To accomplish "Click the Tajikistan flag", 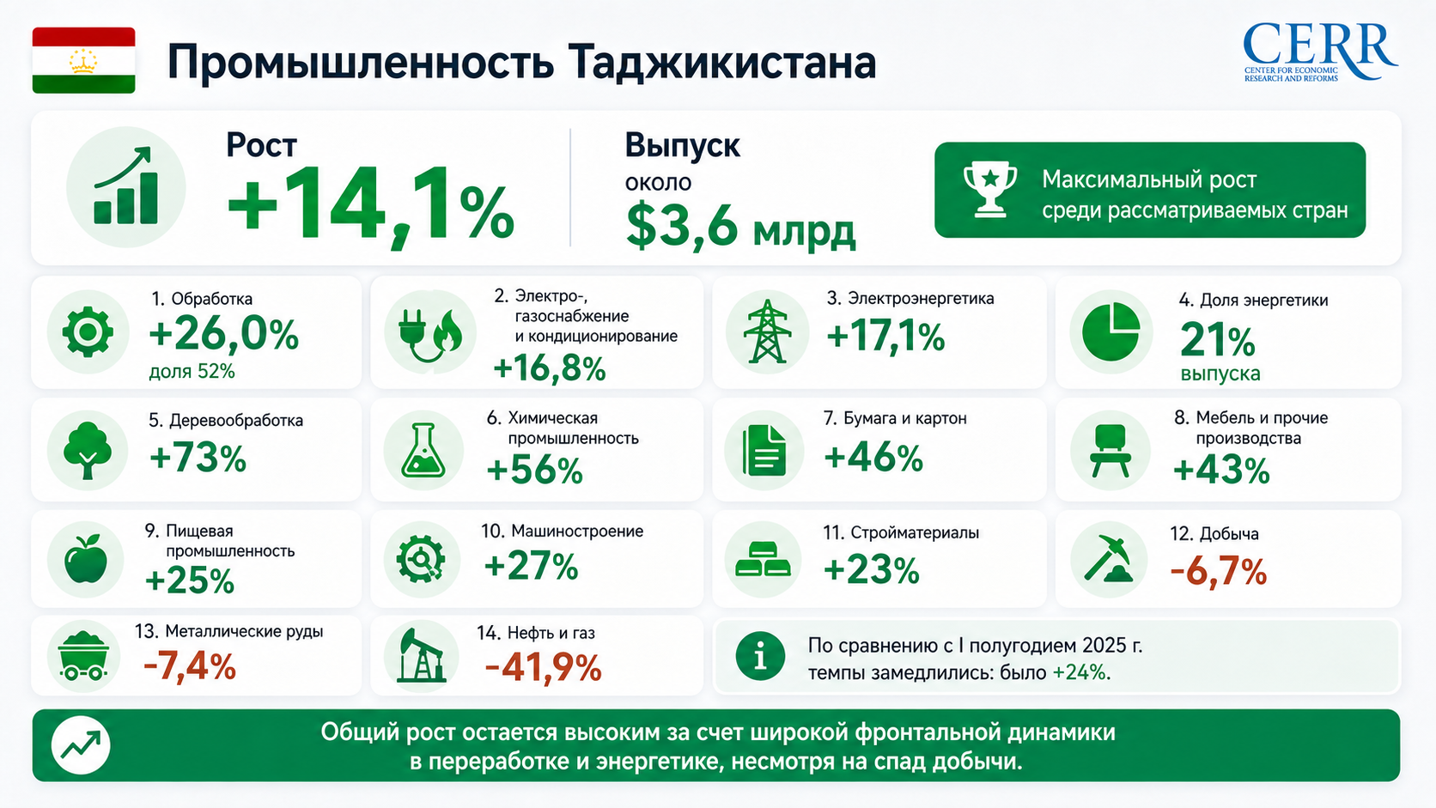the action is tap(83, 60).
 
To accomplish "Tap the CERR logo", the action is tap(1319, 52).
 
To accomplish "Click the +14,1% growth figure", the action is tap(370, 205).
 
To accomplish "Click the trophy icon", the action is tap(989, 189).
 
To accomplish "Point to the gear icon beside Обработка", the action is tap(88, 332).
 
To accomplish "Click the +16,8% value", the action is tap(550, 368).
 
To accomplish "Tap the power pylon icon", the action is tap(767, 331).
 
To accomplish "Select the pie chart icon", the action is tap(1111, 332).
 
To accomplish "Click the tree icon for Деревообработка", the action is tap(88, 450).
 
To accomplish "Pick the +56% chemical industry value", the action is tap(535, 470).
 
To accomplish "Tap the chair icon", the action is tap(1110, 451).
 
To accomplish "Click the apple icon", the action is tap(86, 559).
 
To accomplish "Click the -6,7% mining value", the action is tap(1218, 571).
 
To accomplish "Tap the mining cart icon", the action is tap(83, 655).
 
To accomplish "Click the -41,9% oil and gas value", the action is tap(543, 668).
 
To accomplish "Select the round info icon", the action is tap(760, 656).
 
